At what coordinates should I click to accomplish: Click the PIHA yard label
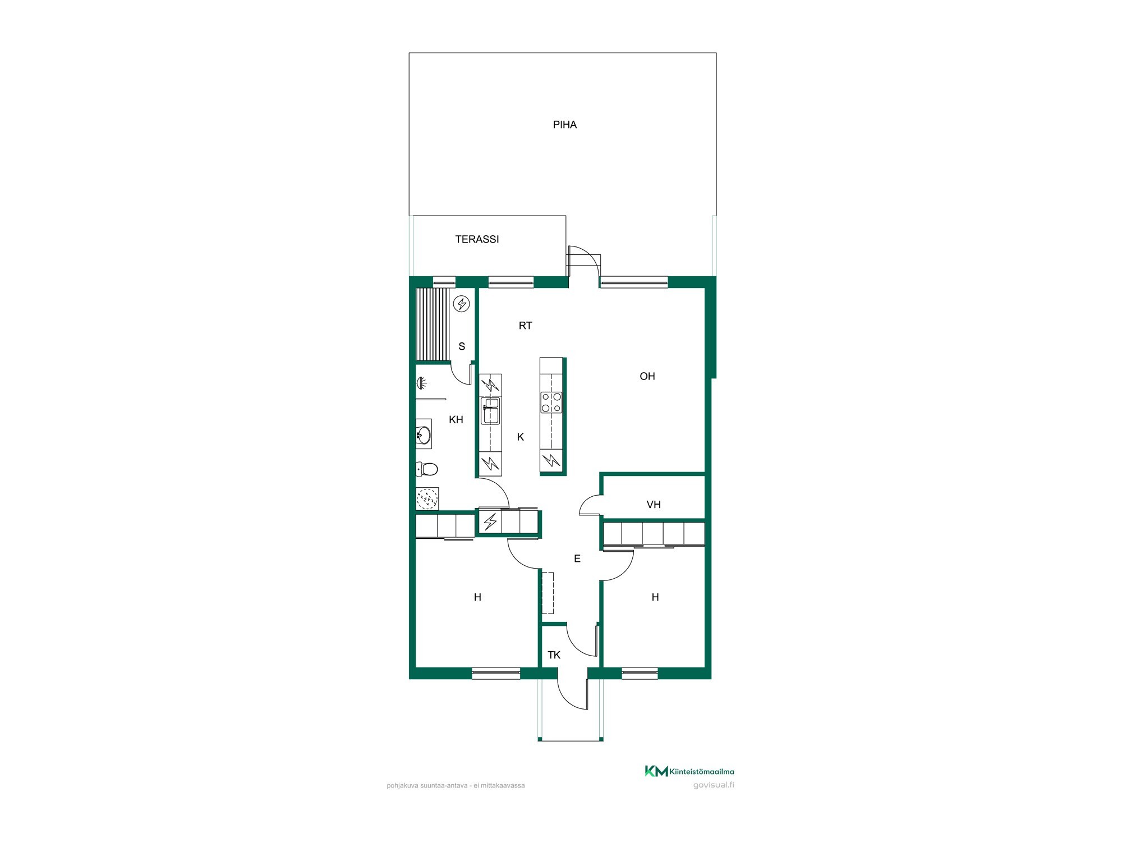coord(564,125)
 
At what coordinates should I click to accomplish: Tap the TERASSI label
coord(477,239)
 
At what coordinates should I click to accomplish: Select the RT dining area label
coord(525,326)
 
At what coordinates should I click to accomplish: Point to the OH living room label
coord(647,376)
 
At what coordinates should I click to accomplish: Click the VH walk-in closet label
coord(654,505)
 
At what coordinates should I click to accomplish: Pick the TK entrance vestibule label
coord(554,655)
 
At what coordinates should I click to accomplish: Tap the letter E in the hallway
coord(577,559)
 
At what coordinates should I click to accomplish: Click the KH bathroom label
coord(456,420)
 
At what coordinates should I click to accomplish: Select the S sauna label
coord(462,346)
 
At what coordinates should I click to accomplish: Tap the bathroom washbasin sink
coord(424,434)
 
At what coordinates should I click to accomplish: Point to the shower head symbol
coord(421,383)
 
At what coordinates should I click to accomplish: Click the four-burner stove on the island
coord(551,402)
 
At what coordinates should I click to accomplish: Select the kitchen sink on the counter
coord(490,410)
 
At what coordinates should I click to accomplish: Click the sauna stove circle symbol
coord(462,304)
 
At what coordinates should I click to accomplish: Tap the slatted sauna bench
coord(433,324)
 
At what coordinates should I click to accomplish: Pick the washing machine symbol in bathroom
coord(427,498)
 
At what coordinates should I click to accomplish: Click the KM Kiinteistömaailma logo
coord(689,771)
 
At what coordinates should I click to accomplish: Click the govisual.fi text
coord(714,785)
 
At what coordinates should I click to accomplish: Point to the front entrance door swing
coord(573,694)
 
